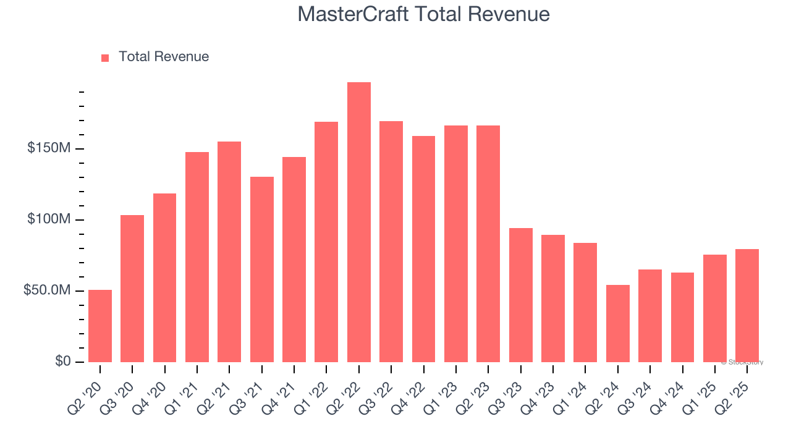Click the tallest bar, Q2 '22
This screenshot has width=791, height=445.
pos(358,222)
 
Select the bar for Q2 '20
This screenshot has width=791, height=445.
pos(100,326)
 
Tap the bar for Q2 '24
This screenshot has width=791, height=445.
pos(617,323)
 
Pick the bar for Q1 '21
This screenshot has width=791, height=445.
pos(197,257)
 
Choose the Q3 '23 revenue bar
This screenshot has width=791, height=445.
pos(520,295)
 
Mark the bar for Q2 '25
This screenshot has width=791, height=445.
pos(747,305)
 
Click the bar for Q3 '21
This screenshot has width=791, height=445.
pos(261,269)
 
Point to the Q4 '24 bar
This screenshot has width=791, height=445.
pos(682,317)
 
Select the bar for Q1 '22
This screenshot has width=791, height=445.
pos(326,242)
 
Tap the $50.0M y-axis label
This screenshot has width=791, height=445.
pos(47,290)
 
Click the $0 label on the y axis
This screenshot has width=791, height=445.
pos(62,362)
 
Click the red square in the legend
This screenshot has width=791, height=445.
pos(105,57)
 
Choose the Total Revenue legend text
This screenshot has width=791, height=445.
pos(164,57)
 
